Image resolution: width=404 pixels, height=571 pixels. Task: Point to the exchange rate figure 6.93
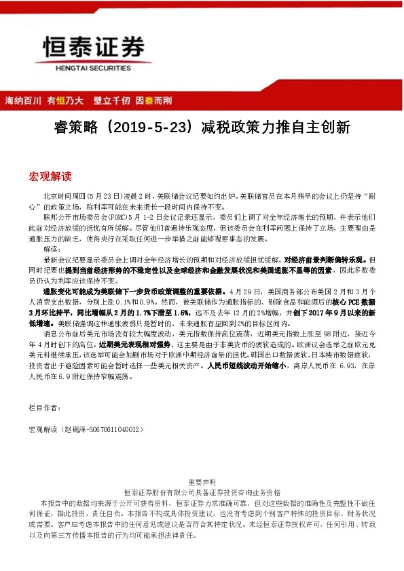click(x=343, y=364)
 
